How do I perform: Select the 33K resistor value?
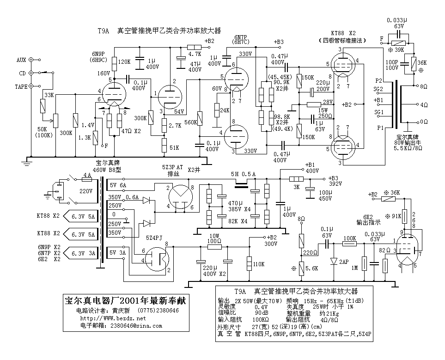click(49, 96)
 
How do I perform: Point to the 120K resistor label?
click(124, 61)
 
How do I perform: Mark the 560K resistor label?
click(190, 122)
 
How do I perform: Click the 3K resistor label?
click(296, 188)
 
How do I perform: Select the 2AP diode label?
click(343, 262)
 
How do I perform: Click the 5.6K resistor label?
click(312, 268)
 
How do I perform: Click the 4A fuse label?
click(86, 175)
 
